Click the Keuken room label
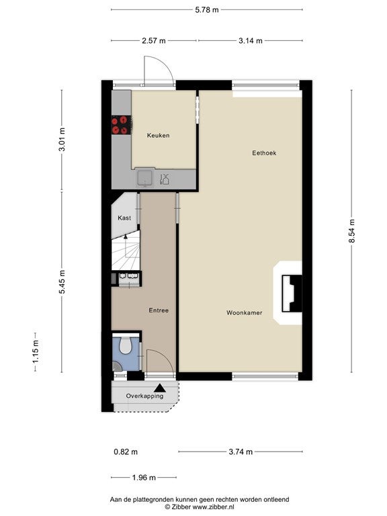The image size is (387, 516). (159, 135)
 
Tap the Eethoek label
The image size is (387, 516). (264, 153)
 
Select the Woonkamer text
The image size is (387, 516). (244, 312)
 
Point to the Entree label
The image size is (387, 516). (159, 310)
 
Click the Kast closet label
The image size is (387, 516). (124, 218)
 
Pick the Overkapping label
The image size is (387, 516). (144, 396)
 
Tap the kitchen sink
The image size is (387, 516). (145, 178)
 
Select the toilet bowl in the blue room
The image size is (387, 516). (126, 345)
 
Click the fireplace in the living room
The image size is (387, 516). (292, 293)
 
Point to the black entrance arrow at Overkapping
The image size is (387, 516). (160, 388)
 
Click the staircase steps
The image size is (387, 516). (126, 251)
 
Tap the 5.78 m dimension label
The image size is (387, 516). (207, 10)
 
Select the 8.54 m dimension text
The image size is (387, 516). (352, 231)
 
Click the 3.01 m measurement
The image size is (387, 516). (62, 139)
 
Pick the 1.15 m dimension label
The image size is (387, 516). (35, 352)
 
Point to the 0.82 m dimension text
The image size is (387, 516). (126, 451)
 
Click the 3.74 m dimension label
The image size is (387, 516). (241, 451)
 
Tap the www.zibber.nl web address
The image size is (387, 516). (213, 507)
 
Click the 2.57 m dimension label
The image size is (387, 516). (154, 41)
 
